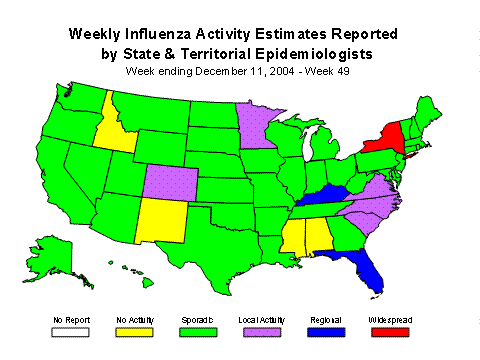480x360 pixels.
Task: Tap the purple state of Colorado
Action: tap(170, 180)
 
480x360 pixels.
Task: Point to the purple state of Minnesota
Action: tap(256, 124)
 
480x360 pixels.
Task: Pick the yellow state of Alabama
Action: tap(318, 237)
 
